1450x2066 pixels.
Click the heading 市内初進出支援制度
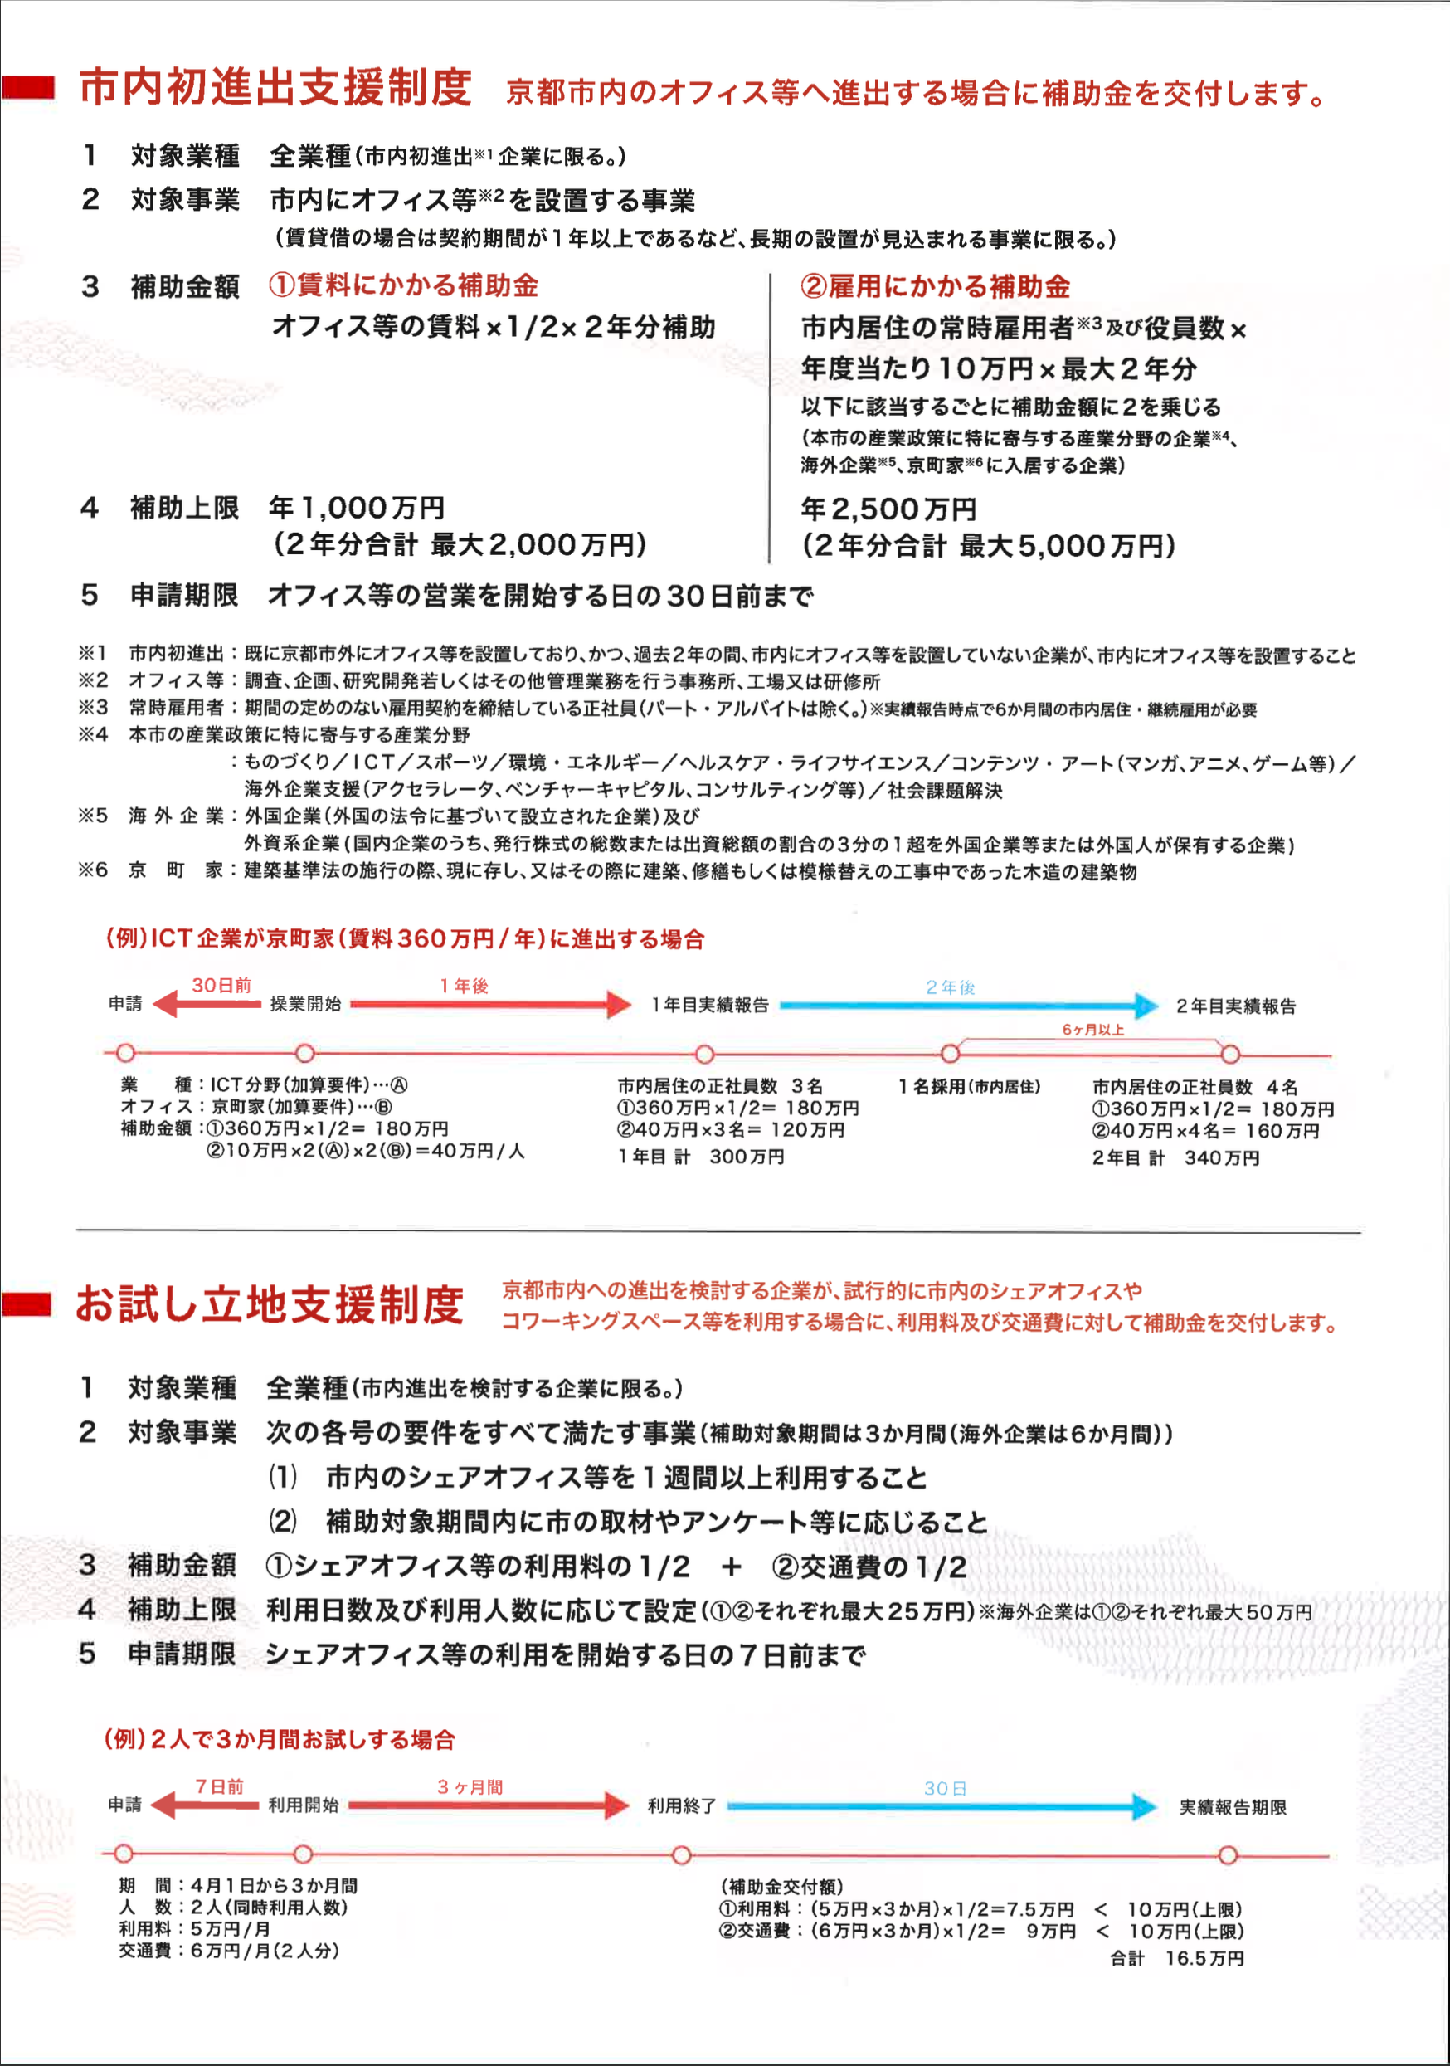(x=275, y=88)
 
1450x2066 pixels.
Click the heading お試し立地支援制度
(x=269, y=1306)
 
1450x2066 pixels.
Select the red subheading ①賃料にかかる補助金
(x=403, y=285)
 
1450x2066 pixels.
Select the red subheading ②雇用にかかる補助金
(x=935, y=286)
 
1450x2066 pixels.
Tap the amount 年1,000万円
(x=356, y=508)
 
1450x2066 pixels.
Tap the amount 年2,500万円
(x=888, y=509)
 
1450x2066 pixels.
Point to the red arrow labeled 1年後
(x=490, y=1004)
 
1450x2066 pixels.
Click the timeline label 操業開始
(x=306, y=1003)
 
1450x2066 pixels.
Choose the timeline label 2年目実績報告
(x=1236, y=1006)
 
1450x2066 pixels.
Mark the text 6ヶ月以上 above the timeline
(x=1093, y=1030)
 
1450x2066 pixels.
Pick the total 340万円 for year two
(x=1222, y=1158)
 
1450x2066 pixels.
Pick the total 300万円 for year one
(x=747, y=1157)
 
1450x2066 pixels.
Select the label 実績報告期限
(x=1233, y=1808)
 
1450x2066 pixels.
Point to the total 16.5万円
(x=1204, y=1959)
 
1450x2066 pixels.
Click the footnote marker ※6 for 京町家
(x=93, y=870)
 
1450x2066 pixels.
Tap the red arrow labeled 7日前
(x=206, y=1804)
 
